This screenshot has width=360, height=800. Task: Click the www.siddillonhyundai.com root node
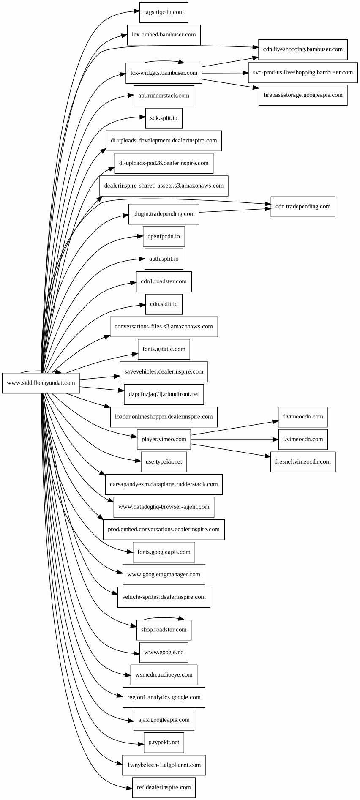41,383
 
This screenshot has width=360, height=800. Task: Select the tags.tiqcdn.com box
164,12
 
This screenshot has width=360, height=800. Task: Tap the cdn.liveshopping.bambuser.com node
303,49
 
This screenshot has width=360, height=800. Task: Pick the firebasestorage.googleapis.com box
303,95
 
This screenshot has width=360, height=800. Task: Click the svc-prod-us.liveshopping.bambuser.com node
303,72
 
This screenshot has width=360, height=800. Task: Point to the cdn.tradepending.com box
303,207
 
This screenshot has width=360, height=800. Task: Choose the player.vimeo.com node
164,440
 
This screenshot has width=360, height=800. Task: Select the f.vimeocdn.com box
303,417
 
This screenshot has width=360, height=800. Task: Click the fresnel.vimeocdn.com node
303,462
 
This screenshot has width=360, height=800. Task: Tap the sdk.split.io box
164,118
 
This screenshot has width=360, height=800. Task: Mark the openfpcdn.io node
164,236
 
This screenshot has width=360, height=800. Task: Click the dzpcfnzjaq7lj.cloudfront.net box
164,394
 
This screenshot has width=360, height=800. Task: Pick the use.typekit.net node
164,462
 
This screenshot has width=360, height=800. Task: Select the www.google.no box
164,653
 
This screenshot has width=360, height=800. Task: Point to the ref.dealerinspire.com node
164,788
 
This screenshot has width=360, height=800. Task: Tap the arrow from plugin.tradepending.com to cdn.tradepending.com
235,210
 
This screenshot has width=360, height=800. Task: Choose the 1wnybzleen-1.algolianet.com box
164,765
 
